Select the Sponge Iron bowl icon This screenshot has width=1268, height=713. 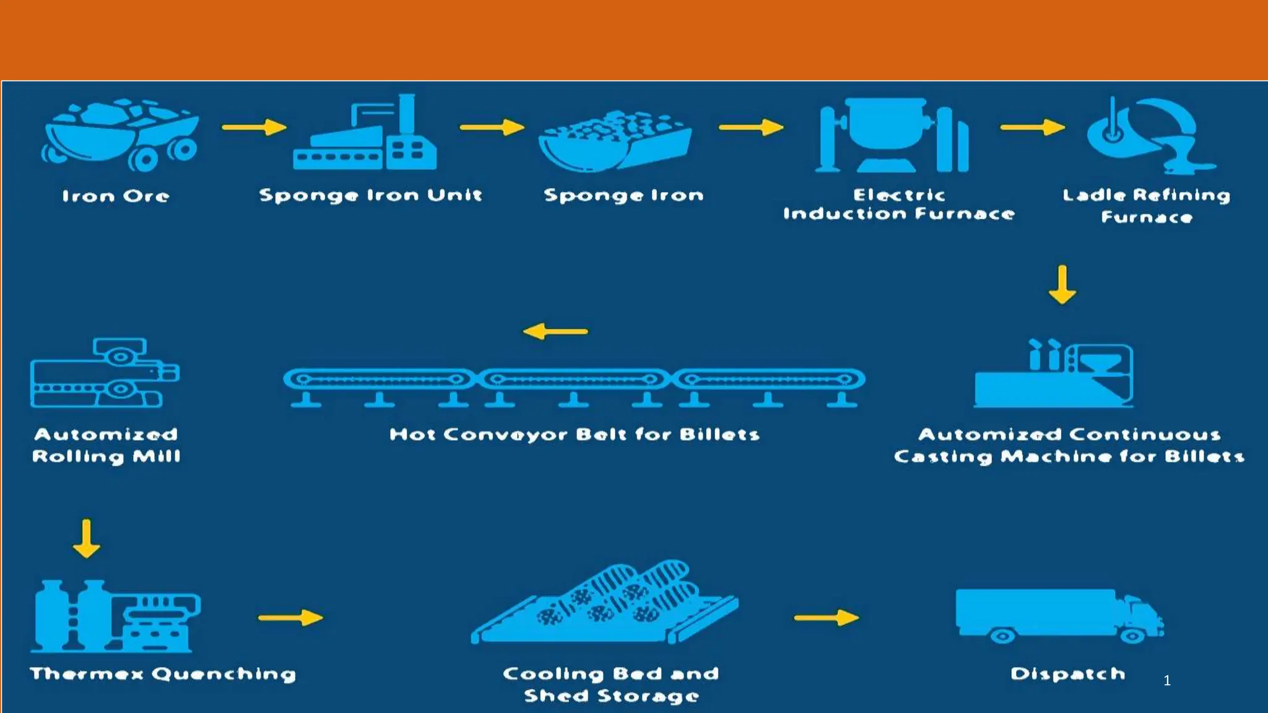[615, 140]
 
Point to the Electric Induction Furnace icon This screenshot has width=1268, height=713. [892, 134]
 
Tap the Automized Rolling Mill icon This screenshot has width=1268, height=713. [104, 373]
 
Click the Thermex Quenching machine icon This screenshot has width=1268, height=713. [115, 616]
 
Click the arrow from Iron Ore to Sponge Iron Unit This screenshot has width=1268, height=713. [254, 127]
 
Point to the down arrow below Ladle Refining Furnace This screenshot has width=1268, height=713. [1062, 285]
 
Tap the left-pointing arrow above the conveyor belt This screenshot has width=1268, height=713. [555, 331]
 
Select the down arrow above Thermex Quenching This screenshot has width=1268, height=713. [86, 538]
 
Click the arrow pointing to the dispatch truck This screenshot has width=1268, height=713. [827, 617]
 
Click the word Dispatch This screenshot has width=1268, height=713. [1067, 674]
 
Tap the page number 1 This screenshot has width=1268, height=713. [1167, 681]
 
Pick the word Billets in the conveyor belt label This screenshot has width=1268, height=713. [719, 434]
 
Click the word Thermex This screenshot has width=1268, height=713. [87, 674]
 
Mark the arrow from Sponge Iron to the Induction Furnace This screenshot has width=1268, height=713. [751, 127]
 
